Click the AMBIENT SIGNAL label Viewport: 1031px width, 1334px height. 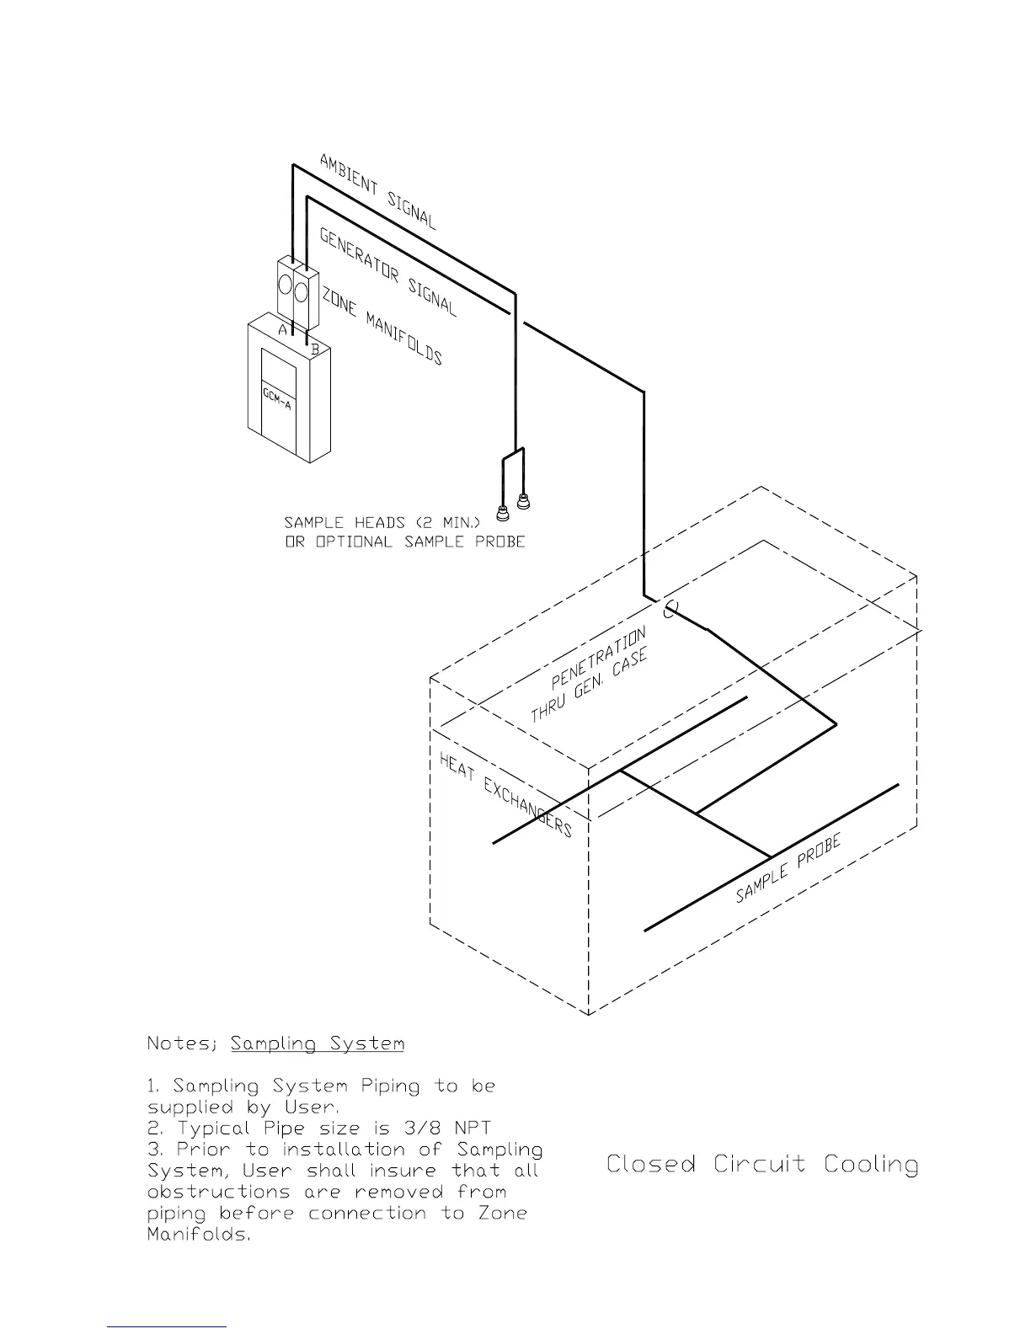[x=378, y=192]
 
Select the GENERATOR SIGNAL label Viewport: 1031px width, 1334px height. [x=388, y=272]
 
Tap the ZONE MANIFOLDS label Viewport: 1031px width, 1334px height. [x=382, y=323]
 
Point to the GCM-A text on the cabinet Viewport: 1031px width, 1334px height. [x=276, y=398]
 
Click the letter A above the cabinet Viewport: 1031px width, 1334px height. [x=284, y=330]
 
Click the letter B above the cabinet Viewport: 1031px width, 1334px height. [x=315, y=347]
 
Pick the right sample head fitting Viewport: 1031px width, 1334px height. [x=523, y=503]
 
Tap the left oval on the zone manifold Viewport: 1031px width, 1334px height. [x=286, y=282]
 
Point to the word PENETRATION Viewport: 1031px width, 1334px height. [x=599, y=658]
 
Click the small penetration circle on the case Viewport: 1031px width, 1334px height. [x=670, y=610]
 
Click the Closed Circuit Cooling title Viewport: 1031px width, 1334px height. [x=762, y=1165]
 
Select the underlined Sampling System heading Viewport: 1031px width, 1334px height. [x=318, y=1044]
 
